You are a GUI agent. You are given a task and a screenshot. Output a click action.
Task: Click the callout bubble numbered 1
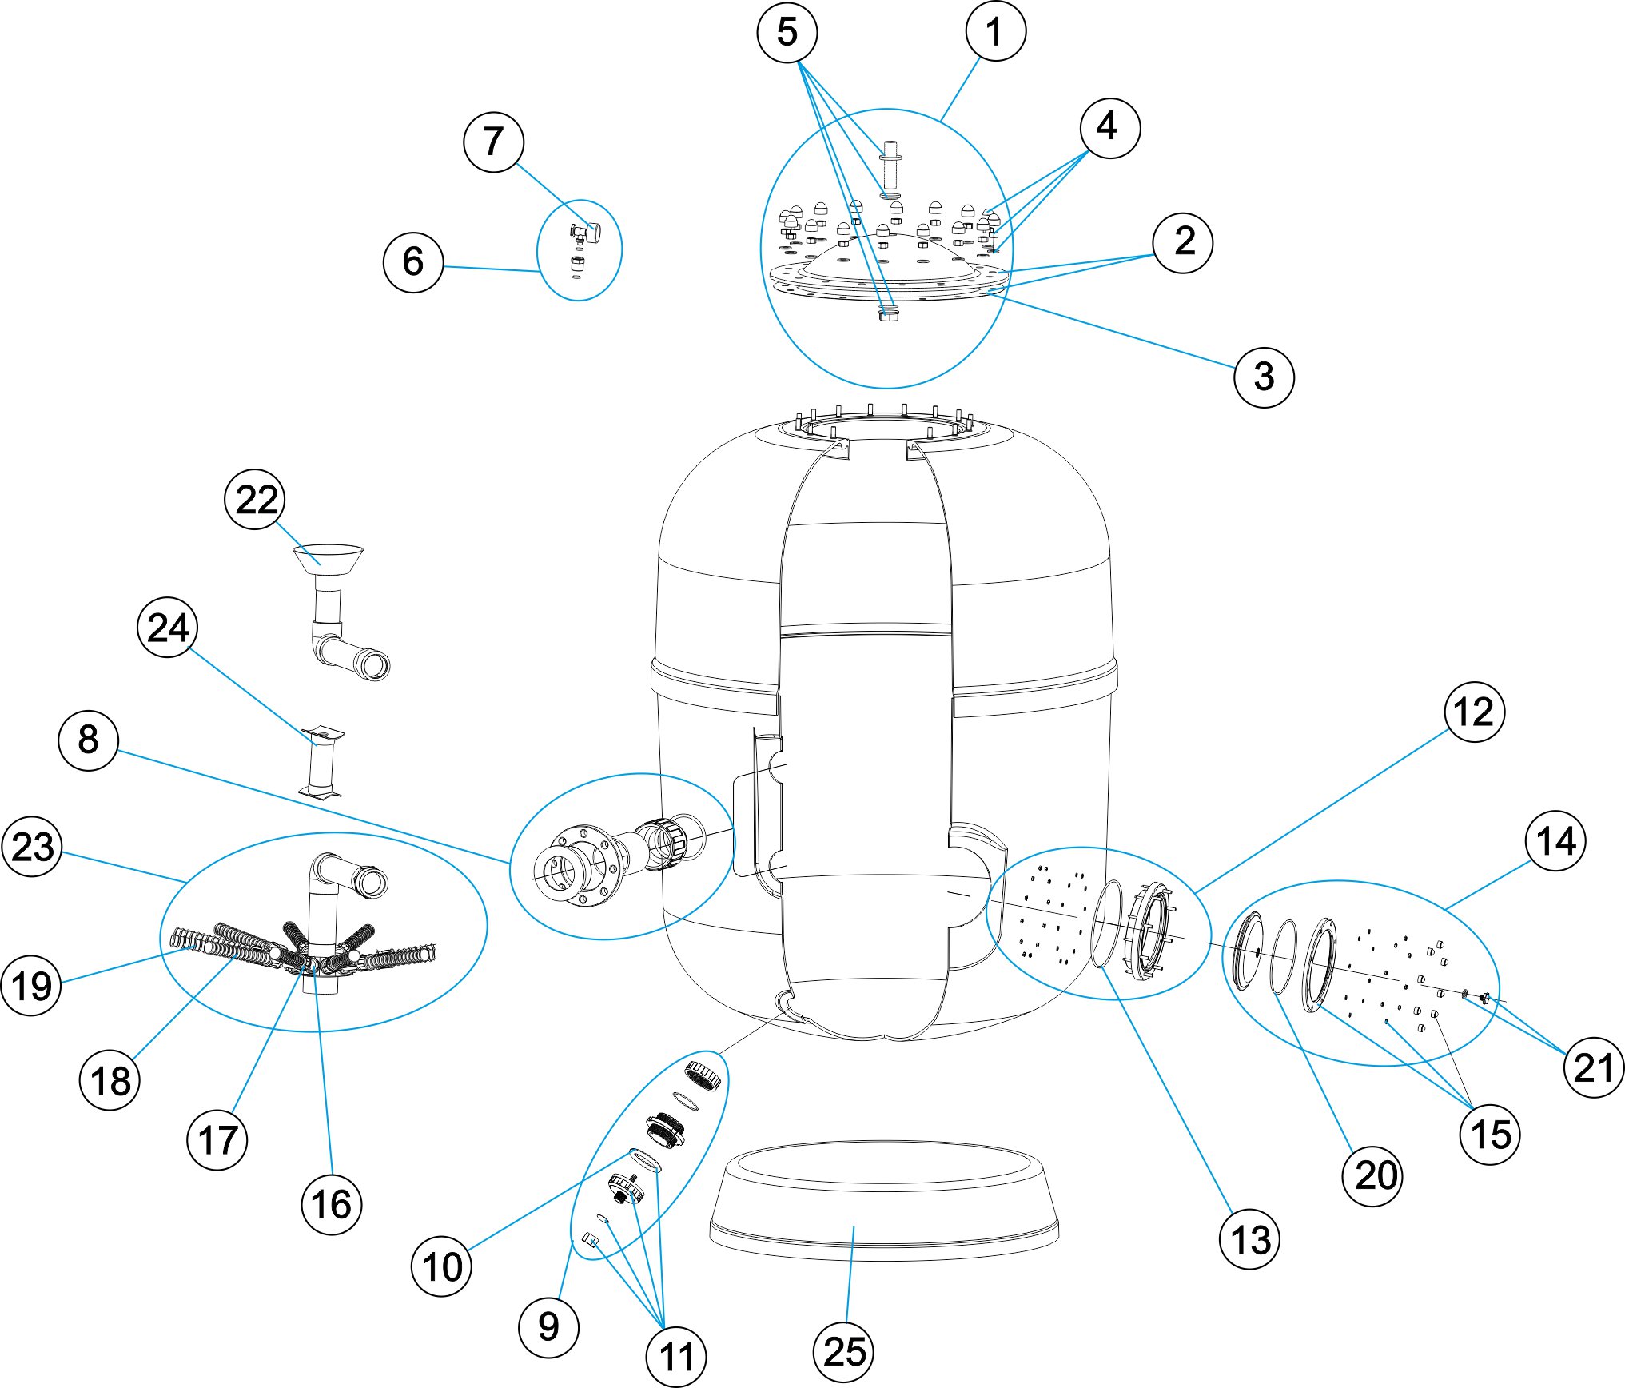(x=995, y=32)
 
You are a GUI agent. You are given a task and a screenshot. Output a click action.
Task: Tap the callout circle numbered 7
(x=493, y=142)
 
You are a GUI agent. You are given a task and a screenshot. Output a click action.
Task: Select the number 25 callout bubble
(x=843, y=1351)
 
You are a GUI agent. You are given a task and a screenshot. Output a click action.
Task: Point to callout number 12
(x=1474, y=712)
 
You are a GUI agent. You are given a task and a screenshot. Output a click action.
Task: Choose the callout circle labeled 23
(x=32, y=847)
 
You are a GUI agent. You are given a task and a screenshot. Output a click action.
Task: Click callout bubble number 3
(x=1264, y=377)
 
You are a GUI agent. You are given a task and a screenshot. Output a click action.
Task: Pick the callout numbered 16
(x=332, y=1204)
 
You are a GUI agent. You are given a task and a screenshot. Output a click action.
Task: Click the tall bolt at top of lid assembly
(x=890, y=168)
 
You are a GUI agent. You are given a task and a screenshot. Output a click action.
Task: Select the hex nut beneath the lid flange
(x=888, y=315)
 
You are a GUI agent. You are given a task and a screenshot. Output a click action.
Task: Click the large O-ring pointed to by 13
(x=1106, y=923)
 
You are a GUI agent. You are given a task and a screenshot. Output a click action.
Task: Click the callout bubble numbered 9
(x=548, y=1327)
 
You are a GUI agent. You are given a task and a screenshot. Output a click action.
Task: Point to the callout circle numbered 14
(x=1555, y=841)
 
